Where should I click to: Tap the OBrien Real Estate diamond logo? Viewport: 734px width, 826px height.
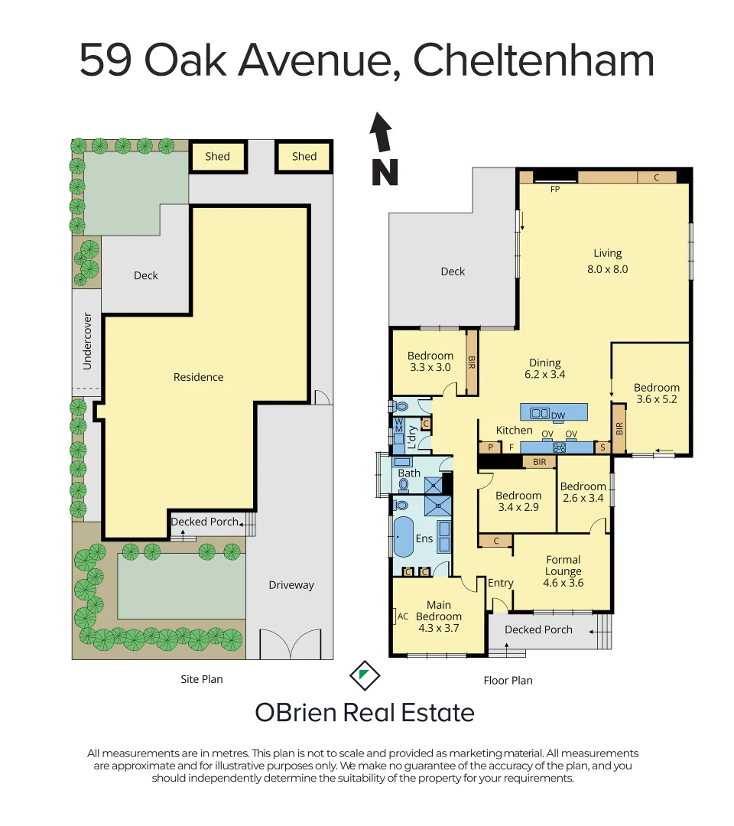tap(365, 675)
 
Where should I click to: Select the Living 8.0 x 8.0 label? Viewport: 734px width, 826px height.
tap(608, 261)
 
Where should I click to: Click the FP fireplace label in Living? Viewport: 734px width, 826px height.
tap(555, 188)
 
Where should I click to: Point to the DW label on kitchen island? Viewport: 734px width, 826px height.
tap(558, 415)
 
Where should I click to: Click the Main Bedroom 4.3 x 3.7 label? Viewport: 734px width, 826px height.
tap(439, 616)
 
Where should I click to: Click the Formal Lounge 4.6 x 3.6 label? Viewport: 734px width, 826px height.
tap(563, 571)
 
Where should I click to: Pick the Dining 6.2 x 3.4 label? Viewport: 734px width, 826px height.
tap(544, 369)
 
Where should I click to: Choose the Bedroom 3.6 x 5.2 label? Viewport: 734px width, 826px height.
tap(656, 393)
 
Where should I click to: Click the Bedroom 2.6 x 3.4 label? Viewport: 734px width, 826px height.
tap(583, 493)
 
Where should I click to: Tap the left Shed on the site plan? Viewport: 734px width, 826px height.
tap(217, 156)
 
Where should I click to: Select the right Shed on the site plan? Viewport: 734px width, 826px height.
tap(304, 156)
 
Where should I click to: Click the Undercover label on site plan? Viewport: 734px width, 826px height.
tap(87, 340)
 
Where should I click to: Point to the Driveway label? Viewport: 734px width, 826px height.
tap(291, 585)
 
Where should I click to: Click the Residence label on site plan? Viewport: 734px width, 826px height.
tap(198, 377)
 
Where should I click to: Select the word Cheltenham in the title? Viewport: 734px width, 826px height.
tap(534, 61)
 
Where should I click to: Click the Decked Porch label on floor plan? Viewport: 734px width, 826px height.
tap(538, 629)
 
